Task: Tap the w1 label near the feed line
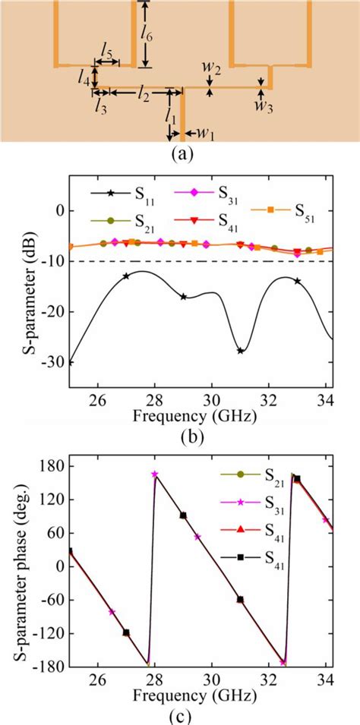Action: pyautogui.click(x=205, y=134)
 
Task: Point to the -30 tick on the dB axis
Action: pyautogui.click(x=55, y=362)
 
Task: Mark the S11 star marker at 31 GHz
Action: pyautogui.click(x=240, y=350)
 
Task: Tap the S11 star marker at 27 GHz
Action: pyautogui.click(x=126, y=276)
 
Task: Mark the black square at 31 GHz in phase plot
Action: pyautogui.click(x=240, y=599)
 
